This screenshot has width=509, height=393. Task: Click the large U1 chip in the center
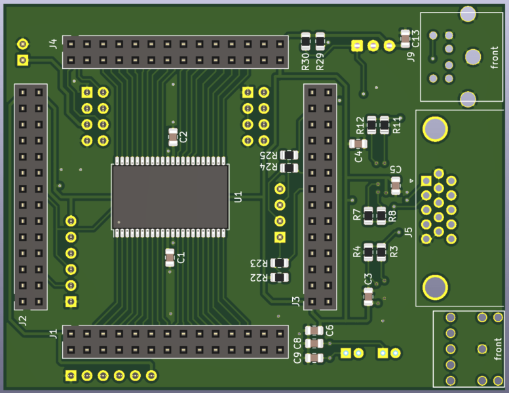pyautogui.click(x=170, y=196)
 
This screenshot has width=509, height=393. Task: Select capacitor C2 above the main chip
pyautogui.click(x=172, y=136)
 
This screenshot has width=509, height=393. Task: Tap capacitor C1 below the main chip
pyautogui.click(x=170, y=257)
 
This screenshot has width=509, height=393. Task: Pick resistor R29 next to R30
pyautogui.click(x=320, y=41)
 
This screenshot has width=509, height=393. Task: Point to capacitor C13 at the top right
pyautogui.click(x=405, y=37)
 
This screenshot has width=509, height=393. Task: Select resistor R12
pyautogui.click(x=371, y=123)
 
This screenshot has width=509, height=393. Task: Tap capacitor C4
pyautogui.click(x=358, y=144)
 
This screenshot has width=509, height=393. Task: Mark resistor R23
pyautogui.click(x=279, y=263)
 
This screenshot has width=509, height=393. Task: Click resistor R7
pyautogui.click(x=369, y=214)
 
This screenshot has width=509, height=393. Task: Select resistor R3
pyautogui.click(x=381, y=251)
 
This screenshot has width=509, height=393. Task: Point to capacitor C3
pyautogui.click(x=369, y=297)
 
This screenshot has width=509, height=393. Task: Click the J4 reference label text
pyautogui.click(x=53, y=44)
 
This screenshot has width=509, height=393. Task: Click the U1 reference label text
pyautogui.click(x=238, y=196)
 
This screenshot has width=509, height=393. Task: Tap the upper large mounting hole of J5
pyautogui.click(x=434, y=129)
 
